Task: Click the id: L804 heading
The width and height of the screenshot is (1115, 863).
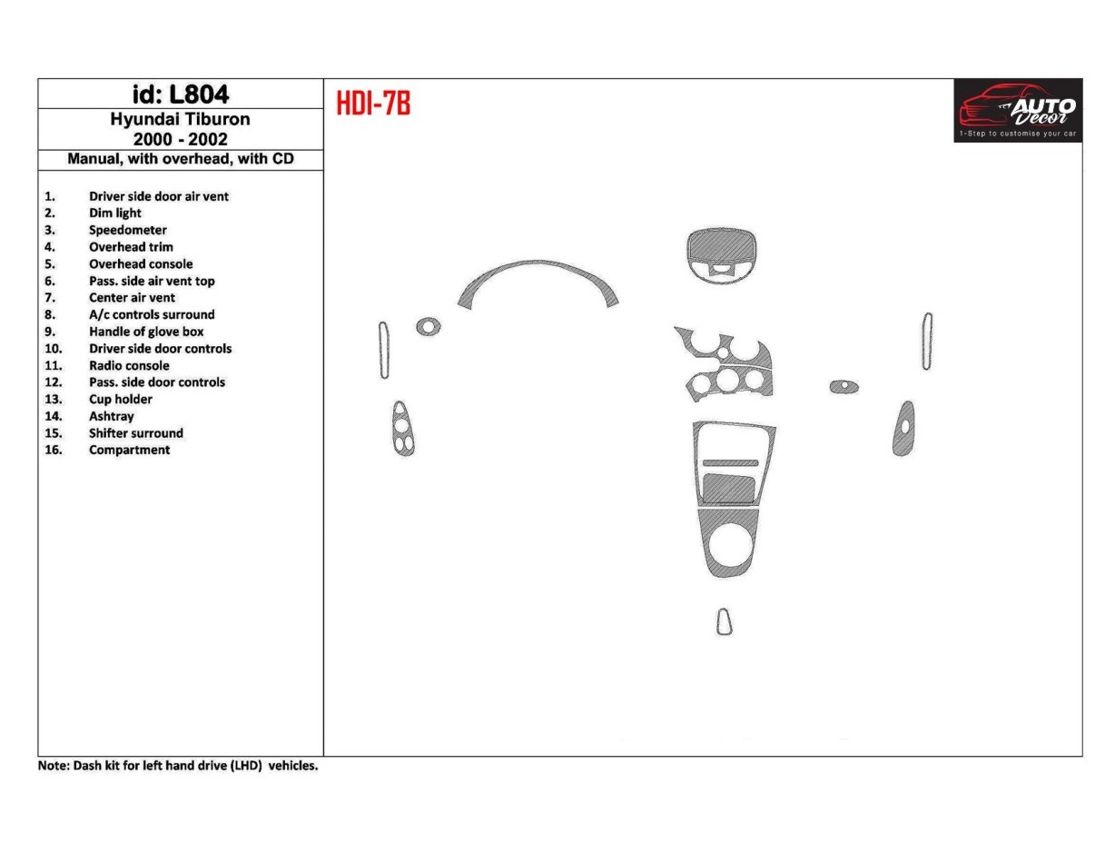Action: [x=180, y=94]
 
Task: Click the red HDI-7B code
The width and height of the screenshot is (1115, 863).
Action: [x=374, y=104]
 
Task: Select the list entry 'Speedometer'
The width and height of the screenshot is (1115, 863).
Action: [x=127, y=230]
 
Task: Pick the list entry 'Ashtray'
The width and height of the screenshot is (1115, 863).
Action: [x=111, y=416]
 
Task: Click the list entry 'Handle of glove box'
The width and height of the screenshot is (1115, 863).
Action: [x=145, y=332]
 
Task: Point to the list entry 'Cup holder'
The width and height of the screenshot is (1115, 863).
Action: [x=120, y=399]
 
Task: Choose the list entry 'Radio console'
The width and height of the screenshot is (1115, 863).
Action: [x=129, y=365]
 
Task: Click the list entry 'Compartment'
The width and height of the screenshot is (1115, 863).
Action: [x=129, y=450]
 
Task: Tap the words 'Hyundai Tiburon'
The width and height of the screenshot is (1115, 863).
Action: [x=180, y=119]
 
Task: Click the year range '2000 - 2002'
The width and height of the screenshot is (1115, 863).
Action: [x=180, y=139]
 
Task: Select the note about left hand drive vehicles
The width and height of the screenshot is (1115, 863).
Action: [x=178, y=766]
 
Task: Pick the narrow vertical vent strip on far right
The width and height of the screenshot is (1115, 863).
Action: [x=926, y=342]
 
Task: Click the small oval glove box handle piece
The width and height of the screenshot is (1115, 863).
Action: [x=844, y=387]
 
